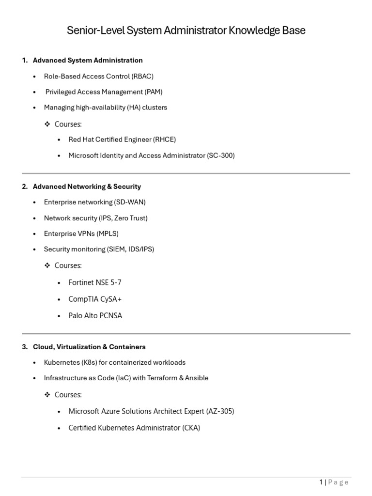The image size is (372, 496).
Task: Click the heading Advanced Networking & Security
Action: [87, 186]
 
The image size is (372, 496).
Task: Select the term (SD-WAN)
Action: [130, 202]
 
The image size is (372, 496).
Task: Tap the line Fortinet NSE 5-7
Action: [95, 282]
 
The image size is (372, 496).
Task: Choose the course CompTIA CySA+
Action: [95, 299]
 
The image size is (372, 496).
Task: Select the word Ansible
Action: [197, 378]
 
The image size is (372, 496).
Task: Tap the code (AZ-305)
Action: [220, 411]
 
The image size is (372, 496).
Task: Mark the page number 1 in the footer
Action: [321, 482]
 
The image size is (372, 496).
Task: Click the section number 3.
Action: [24, 347]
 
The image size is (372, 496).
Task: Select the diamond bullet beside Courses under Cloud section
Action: [47, 394]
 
